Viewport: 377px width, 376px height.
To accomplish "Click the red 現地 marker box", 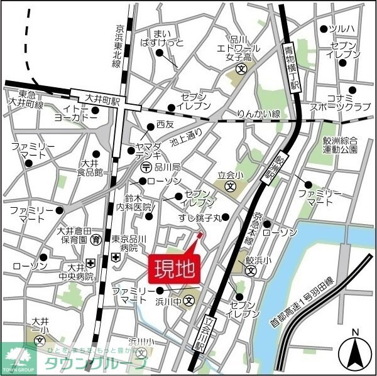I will point(174,268).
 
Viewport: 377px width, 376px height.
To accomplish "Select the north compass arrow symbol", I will point(355,352).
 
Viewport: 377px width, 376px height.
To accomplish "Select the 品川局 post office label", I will point(167,167).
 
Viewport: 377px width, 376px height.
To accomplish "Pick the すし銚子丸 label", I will point(200,218).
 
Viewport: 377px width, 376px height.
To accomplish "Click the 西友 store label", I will point(165,124).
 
